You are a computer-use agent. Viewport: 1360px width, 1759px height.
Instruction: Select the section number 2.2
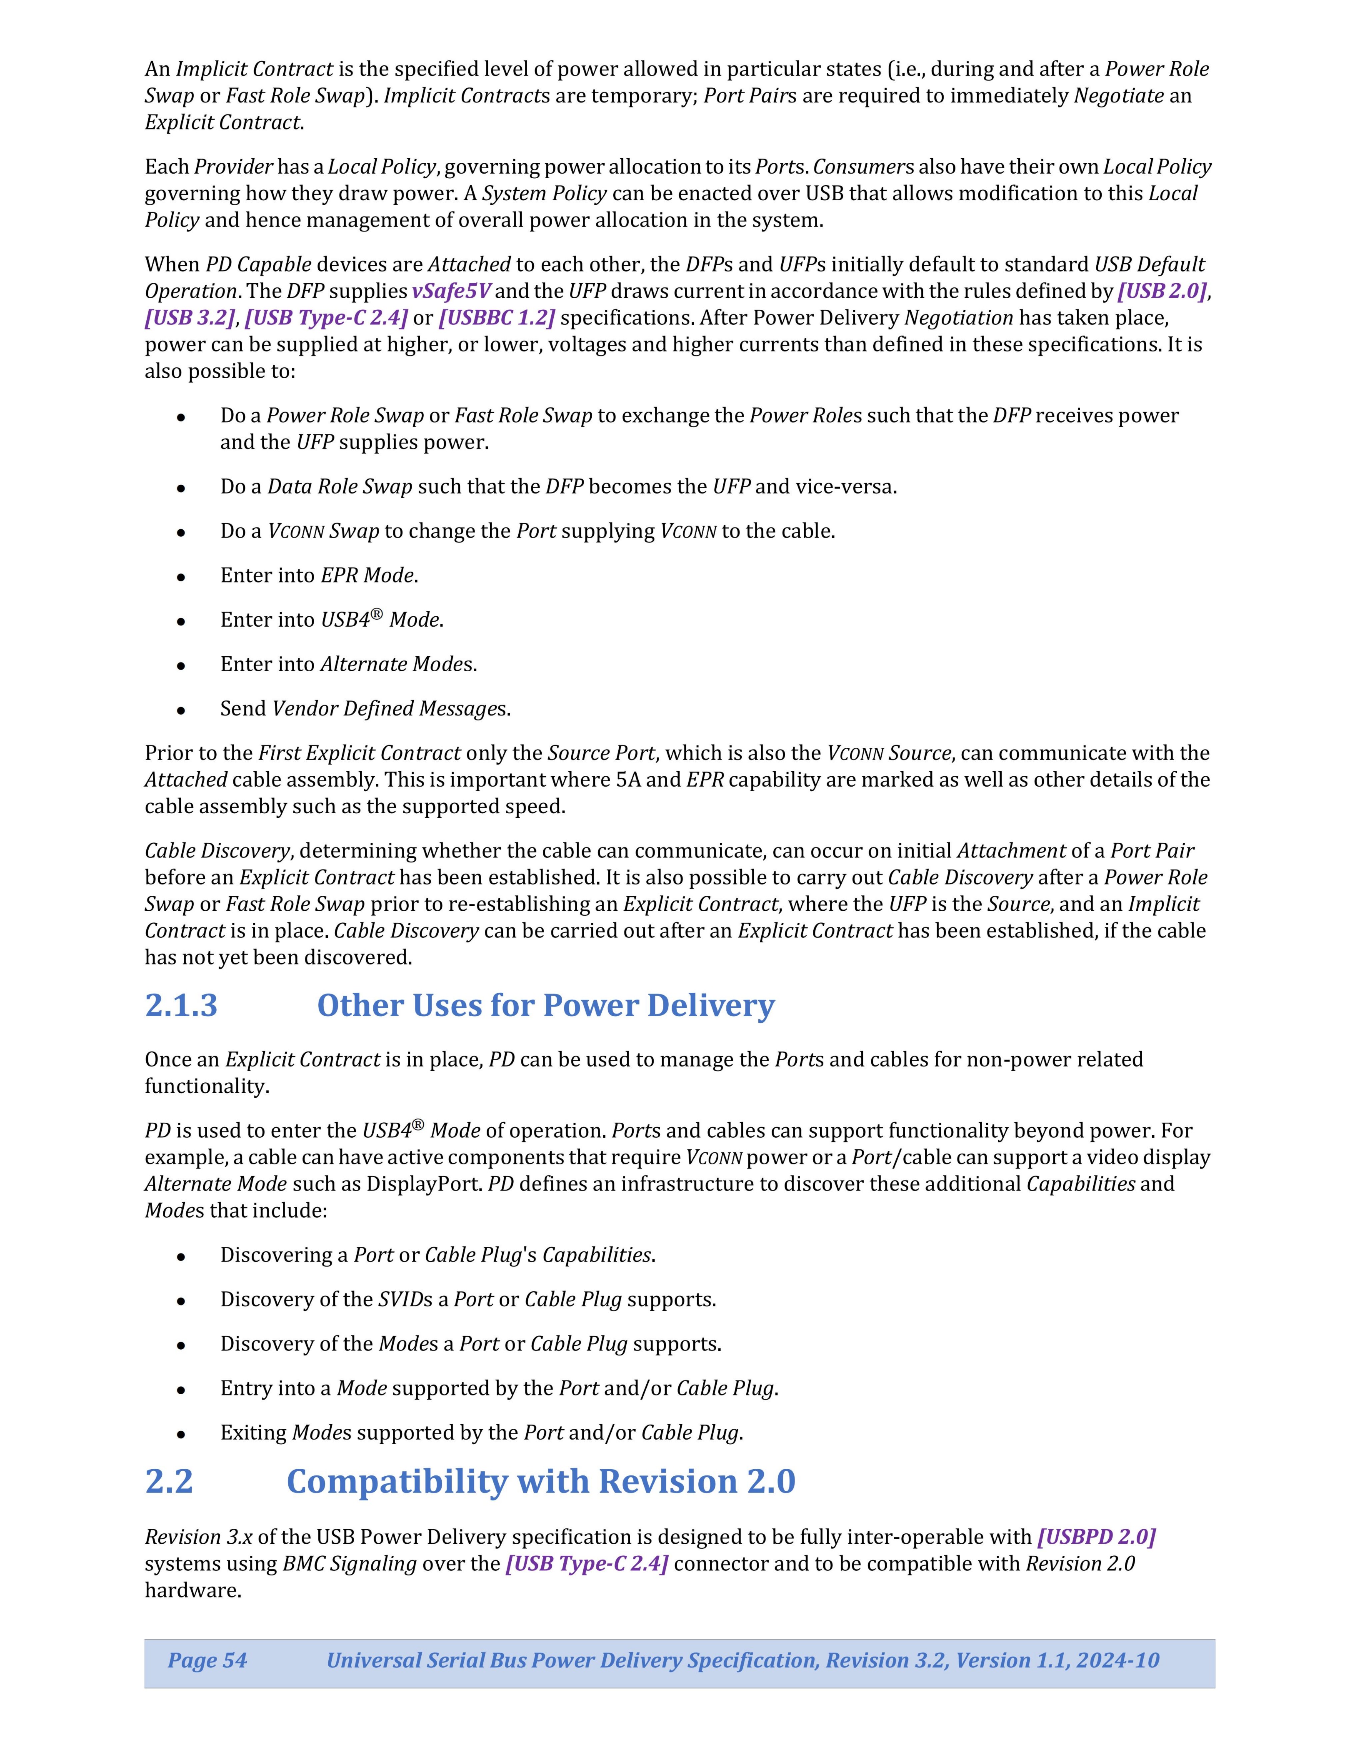pos(169,1481)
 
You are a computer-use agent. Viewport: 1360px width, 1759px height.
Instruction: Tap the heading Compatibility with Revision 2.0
pos(540,1481)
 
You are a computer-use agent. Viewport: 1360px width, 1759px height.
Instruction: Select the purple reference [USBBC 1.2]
pos(496,317)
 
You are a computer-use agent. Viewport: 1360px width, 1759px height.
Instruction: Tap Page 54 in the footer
pos(207,1660)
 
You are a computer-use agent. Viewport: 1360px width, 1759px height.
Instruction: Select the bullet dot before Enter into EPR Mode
pos(182,577)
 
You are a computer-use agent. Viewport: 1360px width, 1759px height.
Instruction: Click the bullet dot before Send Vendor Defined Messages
pos(182,710)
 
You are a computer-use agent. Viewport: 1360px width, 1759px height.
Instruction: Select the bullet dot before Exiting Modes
pos(182,1434)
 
